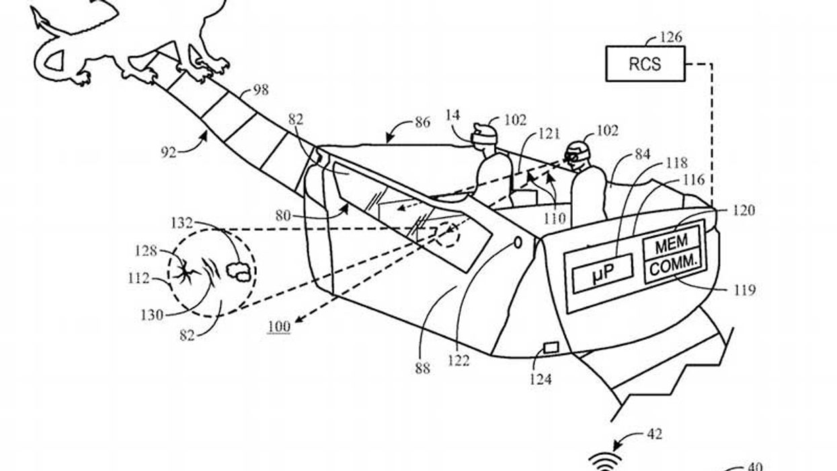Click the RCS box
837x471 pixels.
coord(645,64)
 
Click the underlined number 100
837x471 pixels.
coord(278,327)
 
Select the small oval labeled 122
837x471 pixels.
coord(518,242)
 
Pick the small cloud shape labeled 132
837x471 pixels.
coord(237,270)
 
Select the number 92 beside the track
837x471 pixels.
coord(168,152)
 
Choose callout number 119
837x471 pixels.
coord(744,291)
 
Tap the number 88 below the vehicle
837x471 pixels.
coord(421,369)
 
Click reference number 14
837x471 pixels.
coord(453,115)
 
